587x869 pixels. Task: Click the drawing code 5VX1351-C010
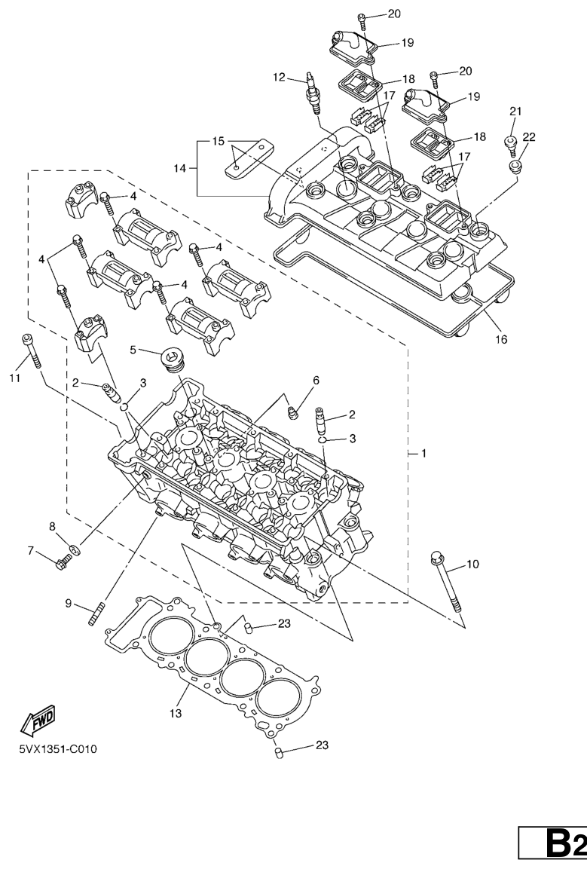coord(58,749)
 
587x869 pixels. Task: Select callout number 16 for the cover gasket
coord(500,339)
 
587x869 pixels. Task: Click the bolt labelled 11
coord(31,350)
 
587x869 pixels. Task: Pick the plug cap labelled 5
coord(173,359)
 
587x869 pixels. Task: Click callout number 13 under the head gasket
coord(175,713)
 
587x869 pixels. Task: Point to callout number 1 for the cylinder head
coord(423,454)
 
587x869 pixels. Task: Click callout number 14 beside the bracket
coord(180,168)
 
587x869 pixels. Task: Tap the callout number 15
coord(219,142)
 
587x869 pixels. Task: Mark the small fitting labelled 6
coord(292,412)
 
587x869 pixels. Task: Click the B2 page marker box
coord(552,843)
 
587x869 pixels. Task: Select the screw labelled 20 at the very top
coord(362,20)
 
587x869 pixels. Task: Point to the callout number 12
coord(279,77)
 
